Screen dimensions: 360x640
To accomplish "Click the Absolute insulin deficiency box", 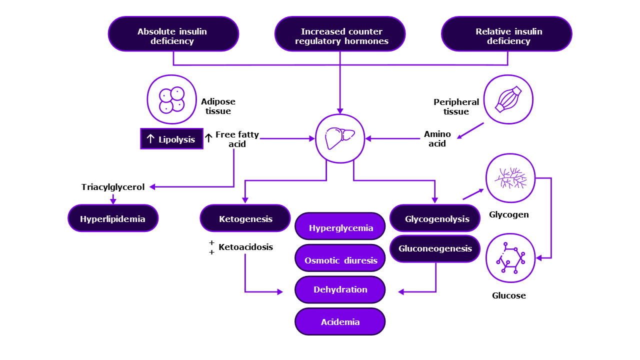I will [173, 34].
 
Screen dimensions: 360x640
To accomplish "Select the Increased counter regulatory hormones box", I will [340, 34].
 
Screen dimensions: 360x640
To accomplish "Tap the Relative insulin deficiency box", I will [506, 34].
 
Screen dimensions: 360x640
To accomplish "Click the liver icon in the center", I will [340, 138].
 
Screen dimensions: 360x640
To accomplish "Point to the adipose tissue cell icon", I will [171, 99].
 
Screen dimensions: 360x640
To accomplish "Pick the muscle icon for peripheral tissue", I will [508, 99].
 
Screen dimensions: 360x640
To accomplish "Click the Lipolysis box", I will [171, 139].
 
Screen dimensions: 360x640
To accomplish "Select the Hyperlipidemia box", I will [113, 218].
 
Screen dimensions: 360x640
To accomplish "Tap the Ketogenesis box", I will [245, 218].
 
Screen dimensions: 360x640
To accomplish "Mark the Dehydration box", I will [340, 289].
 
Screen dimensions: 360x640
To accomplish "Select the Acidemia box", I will [340, 321].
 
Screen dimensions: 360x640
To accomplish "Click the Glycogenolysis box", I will [435, 218].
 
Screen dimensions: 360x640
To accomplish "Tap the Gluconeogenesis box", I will [435, 248].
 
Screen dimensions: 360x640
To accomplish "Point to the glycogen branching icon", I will [510, 178].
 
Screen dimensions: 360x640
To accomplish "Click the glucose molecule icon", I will [510, 258].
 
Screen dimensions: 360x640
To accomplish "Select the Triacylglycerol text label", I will [113, 187].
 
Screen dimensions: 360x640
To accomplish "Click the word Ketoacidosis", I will [245, 247].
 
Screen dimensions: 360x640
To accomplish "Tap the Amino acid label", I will [437, 138].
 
